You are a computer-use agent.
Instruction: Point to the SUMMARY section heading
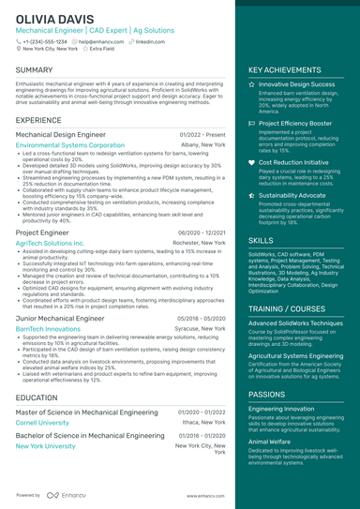[35, 70]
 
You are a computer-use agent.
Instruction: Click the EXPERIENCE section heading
[38, 121]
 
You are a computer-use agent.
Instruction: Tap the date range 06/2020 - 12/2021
[202, 232]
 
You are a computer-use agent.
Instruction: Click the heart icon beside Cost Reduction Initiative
[251, 162]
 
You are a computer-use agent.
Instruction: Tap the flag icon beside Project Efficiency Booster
[251, 123]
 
